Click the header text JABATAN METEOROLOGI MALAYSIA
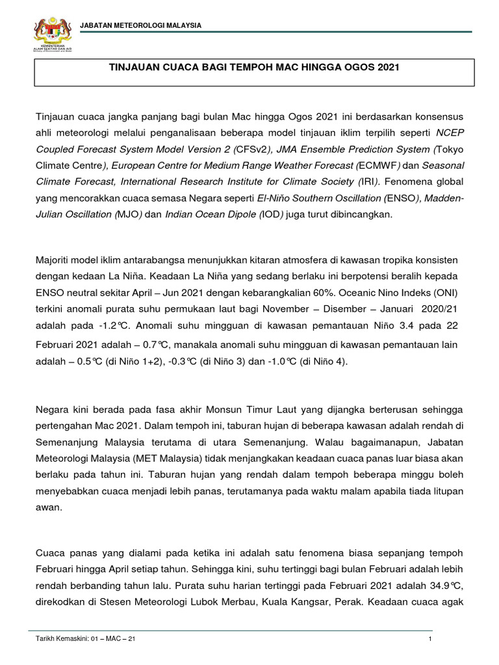tap(140, 25)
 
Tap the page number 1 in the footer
tap(430, 640)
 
